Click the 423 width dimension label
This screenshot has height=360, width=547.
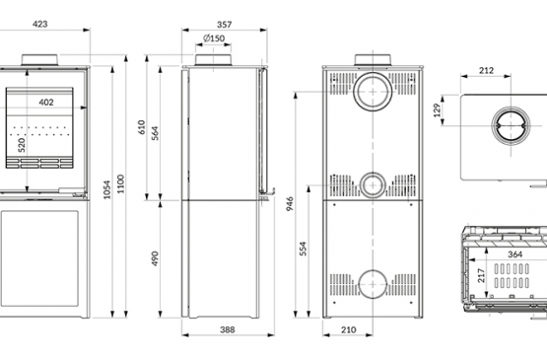pyautogui.click(x=39, y=24)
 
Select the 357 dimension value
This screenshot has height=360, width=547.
pyautogui.click(x=224, y=25)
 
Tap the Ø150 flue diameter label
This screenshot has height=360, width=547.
pyautogui.click(x=214, y=38)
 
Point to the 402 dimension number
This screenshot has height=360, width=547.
pyautogui.click(x=46, y=103)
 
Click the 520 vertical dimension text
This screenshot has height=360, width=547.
pyautogui.click(x=22, y=145)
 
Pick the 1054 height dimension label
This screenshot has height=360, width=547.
pyautogui.click(x=107, y=189)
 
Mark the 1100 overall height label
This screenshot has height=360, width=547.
pyautogui.click(x=120, y=184)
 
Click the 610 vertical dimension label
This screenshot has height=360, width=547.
pyautogui.click(x=141, y=127)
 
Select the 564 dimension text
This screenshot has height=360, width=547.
pyautogui.click(x=156, y=133)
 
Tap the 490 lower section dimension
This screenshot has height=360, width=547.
pyautogui.click(x=156, y=258)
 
